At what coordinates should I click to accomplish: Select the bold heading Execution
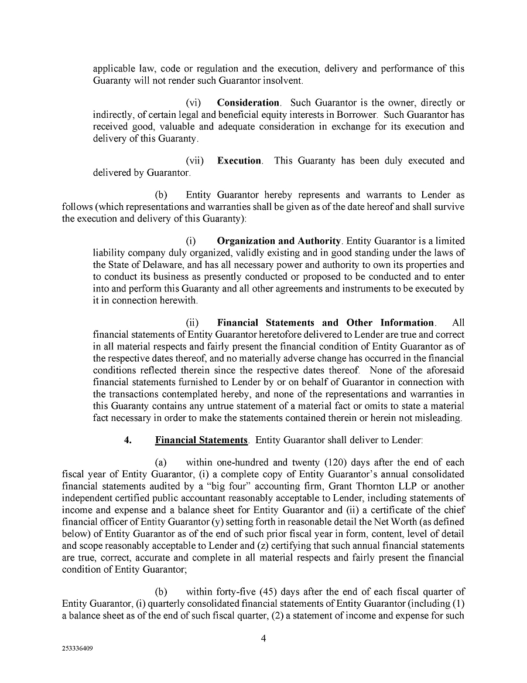coord(239,161)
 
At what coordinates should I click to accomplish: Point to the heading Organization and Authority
coord(279,241)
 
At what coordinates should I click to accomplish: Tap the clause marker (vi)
coord(194,103)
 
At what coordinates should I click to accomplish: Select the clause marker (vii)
coord(195,161)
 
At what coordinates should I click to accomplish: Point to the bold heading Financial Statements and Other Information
coord(326,322)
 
